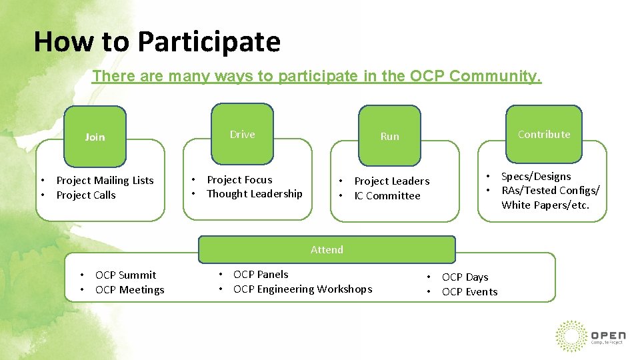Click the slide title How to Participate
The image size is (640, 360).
[157, 41]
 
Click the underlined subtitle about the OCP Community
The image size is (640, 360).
[317, 76]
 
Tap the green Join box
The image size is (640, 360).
[95, 137]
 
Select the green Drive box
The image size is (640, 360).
[242, 134]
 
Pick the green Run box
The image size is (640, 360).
[389, 136]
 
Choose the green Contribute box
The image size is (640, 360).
[543, 134]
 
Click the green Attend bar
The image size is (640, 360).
[327, 249]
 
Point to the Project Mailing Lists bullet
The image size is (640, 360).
[105, 180]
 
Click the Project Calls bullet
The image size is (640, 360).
[86, 195]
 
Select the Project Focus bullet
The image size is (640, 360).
[239, 179]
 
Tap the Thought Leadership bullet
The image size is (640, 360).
[254, 193]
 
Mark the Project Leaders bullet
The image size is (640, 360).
[392, 181]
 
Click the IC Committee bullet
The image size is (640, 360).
[387, 195]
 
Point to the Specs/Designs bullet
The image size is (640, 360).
[536, 176]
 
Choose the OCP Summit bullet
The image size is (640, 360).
[125, 275]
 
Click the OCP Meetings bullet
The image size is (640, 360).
[129, 289]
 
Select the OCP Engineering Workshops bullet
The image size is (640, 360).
[303, 289]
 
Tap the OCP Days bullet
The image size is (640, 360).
[465, 277]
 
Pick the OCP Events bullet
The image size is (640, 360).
[469, 291]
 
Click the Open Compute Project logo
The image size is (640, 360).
[590, 335]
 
